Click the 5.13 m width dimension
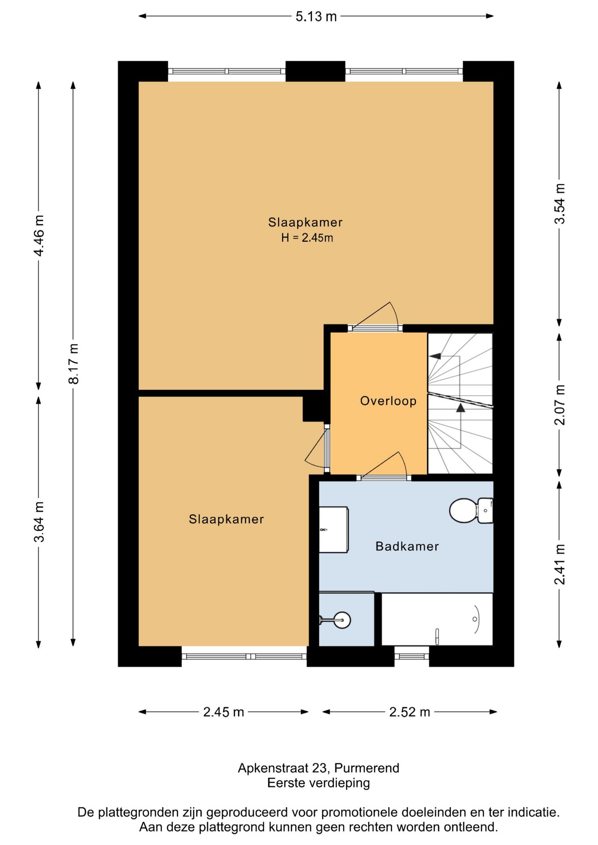(316, 17)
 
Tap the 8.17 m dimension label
(74, 364)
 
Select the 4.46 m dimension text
(39, 235)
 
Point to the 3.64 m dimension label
(39, 522)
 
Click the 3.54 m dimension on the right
(559, 204)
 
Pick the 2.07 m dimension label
(559, 404)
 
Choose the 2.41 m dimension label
(559, 564)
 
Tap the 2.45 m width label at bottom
(223, 712)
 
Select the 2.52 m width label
(410, 712)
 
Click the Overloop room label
(388, 401)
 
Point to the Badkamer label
(407, 546)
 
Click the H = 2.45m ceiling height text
(307, 238)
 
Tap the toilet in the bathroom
(471, 511)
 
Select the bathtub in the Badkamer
(437, 619)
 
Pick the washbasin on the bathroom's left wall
(334, 529)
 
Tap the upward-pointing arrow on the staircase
(461, 408)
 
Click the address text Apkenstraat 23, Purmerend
(318, 768)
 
